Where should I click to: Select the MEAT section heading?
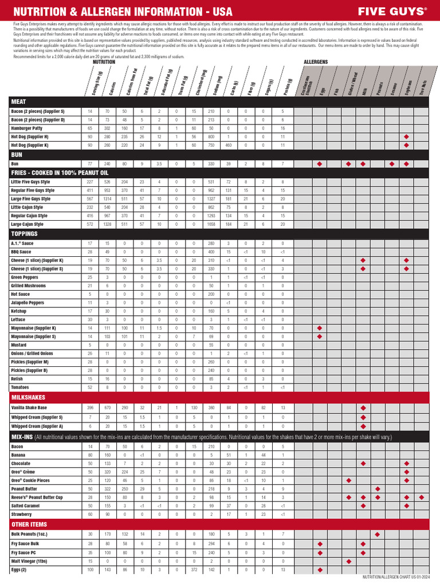point(18,101)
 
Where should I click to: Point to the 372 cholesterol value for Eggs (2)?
point(194,570)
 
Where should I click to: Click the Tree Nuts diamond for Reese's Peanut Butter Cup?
point(421,497)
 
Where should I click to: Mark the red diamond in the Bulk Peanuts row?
point(377,534)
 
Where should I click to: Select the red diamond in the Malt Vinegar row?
point(348,561)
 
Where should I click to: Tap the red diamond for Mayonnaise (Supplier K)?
point(320,327)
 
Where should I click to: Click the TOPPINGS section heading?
point(24,234)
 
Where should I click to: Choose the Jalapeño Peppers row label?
point(28,302)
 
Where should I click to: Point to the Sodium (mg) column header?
point(215,84)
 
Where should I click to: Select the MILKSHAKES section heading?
point(28,397)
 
